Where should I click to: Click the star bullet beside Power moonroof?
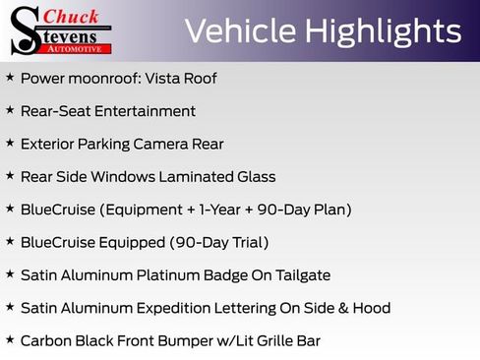10,78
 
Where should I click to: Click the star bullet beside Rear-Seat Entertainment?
10,111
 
